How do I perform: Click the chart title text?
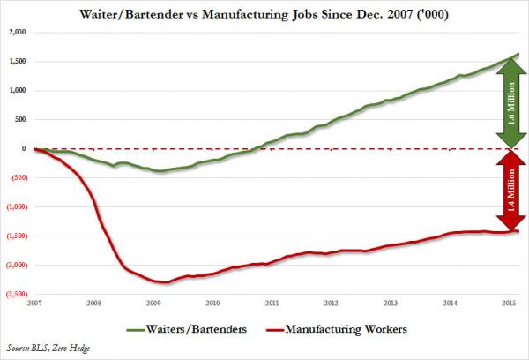264,11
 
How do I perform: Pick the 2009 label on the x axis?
153,303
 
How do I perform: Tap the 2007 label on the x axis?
34,303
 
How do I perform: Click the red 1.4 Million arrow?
511,191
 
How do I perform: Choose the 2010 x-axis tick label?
212,303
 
